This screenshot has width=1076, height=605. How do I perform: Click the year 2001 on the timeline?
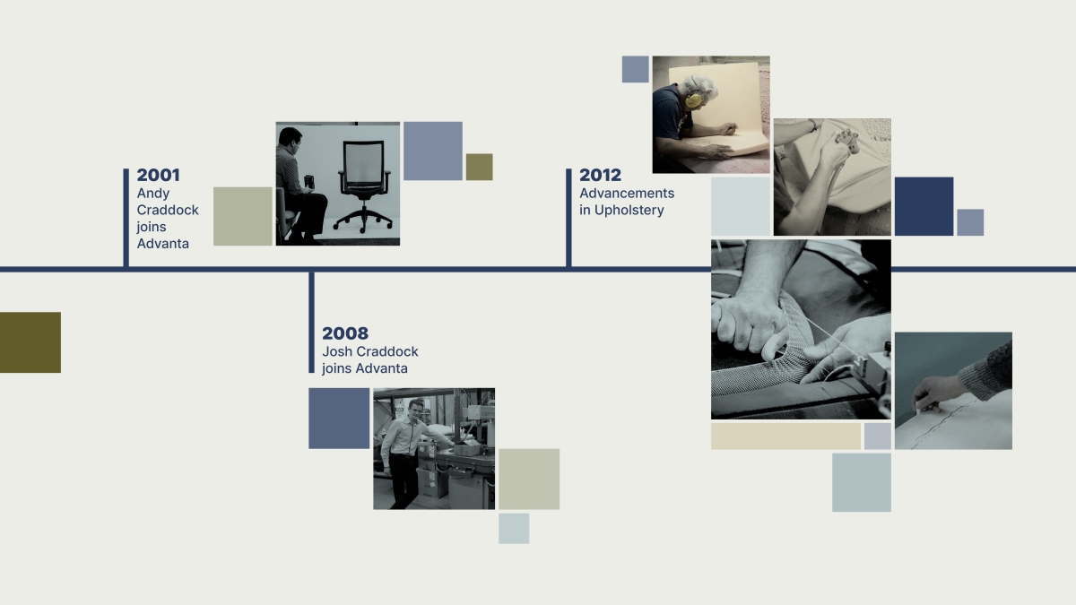(x=158, y=176)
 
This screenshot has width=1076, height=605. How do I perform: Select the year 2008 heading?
(x=345, y=333)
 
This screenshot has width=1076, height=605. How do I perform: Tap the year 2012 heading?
(x=600, y=176)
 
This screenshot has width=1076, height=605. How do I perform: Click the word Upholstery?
(x=629, y=211)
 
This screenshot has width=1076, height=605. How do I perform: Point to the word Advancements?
(x=627, y=193)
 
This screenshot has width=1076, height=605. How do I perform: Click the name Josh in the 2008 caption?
(x=337, y=351)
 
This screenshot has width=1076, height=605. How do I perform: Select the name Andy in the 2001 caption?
(x=153, y=194)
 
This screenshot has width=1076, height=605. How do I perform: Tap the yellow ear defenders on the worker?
(x=693, y=100)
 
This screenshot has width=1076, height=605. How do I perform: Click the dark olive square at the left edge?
(x=30, y=342)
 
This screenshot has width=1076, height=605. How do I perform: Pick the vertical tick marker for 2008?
(x=311, y=323)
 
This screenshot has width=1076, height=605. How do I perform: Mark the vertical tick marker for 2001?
(x=126, y=218)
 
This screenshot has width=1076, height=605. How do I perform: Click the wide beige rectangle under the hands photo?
(x=785, y=436)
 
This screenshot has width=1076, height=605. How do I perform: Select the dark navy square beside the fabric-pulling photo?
(x=924, y=206)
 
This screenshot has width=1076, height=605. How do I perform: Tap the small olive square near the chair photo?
(x=480, y=167)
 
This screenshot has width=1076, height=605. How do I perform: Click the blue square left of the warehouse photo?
(x=339, y=419)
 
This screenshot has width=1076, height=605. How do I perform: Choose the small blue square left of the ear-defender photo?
(x=636, y=69)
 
